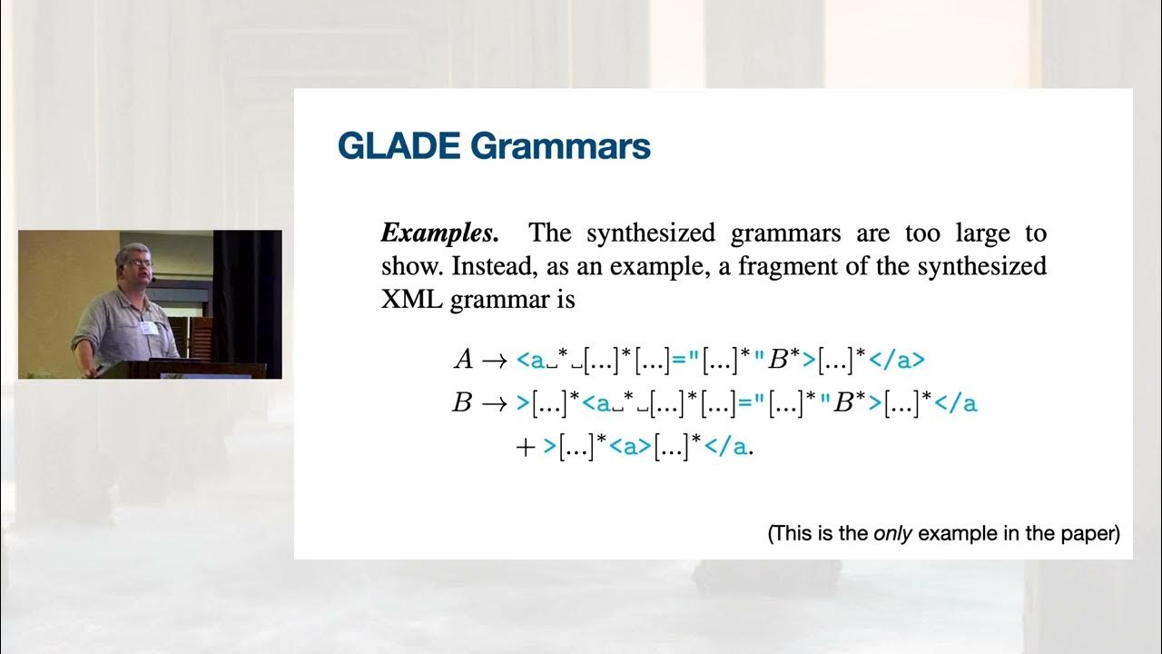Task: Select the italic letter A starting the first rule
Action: tap(463, 360)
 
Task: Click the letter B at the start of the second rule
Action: tap(462, 403)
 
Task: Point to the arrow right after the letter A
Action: tap(494, 361)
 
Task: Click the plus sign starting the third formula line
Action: tap(525, 447)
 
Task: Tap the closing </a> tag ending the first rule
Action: tap(896, 360)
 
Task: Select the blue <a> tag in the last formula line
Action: tap(625, 447)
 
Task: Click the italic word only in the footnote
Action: tap(893, 533)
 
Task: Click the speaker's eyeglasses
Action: tap(134, 263)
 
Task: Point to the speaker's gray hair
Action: tap(130, 251)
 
